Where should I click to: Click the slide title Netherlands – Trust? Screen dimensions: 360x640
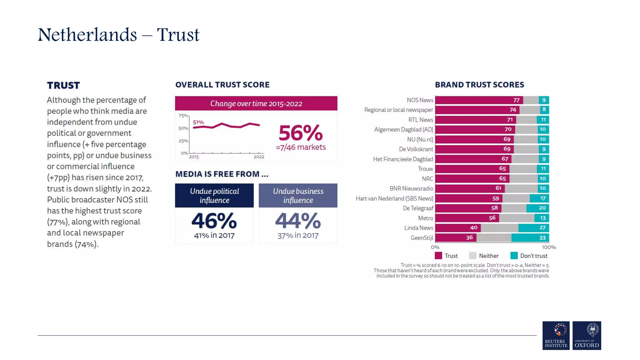[x=118, y=35]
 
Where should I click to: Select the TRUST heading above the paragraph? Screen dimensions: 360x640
[x=63, y=85]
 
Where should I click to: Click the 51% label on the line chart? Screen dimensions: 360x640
[x=198, y=122]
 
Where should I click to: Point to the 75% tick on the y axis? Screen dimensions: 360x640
[x=183, y=116]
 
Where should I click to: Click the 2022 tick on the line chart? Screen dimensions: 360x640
[x=259, y=157]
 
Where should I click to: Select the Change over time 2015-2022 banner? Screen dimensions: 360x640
[x=256, y=103]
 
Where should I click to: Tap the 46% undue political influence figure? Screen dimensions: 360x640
[x=214, y=221]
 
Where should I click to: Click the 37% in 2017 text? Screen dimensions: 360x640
[x=298, y=236]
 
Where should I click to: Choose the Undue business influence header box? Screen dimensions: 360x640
[x=298, y=196]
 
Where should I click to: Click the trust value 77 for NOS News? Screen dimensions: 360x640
[x=516, y=100]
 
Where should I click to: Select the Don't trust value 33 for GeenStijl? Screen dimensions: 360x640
[x=542, y=238]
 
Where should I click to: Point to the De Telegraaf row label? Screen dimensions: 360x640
[x=418, y=208]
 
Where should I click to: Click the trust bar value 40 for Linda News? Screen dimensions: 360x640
[x=473, y=228]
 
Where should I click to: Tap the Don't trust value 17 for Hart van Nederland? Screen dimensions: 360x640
[x=543, y=198]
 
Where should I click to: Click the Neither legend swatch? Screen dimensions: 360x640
[x=472, y=256]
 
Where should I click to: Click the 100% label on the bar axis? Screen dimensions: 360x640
[x=548, y=247]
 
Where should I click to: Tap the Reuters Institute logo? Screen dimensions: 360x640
[x=556, y=335]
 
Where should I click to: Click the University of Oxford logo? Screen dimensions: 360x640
[x=587, y=335]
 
